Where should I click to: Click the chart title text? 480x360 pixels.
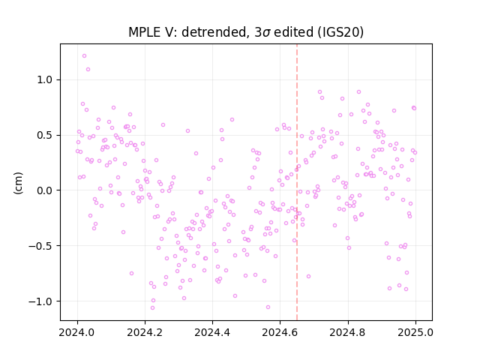[x=246, y=32]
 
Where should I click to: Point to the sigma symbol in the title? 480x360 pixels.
[x=267, y=33]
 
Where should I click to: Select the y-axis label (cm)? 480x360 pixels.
[x=18, y=182]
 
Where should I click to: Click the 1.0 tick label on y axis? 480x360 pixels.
[x=45, y=80]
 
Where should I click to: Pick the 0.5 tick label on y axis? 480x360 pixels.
[x=45, y=135]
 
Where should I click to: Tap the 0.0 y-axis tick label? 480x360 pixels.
[x=45, y=190]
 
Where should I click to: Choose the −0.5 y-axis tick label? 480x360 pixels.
[x=41, y=246]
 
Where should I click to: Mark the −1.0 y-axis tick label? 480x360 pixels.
[x=41, y=301]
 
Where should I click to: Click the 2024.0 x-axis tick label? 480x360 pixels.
[x=77, y=332]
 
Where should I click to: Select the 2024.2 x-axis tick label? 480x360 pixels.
[x=145, y=332]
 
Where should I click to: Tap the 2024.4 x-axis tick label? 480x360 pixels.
[x=212, y=332]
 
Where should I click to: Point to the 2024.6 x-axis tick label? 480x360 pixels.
[x=280, y=332]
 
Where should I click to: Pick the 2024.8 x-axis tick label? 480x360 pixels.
[x=348, y=332]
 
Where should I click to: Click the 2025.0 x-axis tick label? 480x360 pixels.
[x=415, y=332]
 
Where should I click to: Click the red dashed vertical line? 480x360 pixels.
[x=297, y=182]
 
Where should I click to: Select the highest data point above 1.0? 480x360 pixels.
[x=84, y=56]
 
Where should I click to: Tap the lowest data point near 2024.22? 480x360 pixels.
[x=152, y=308]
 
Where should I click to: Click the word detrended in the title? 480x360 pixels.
[x=214, y=32]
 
